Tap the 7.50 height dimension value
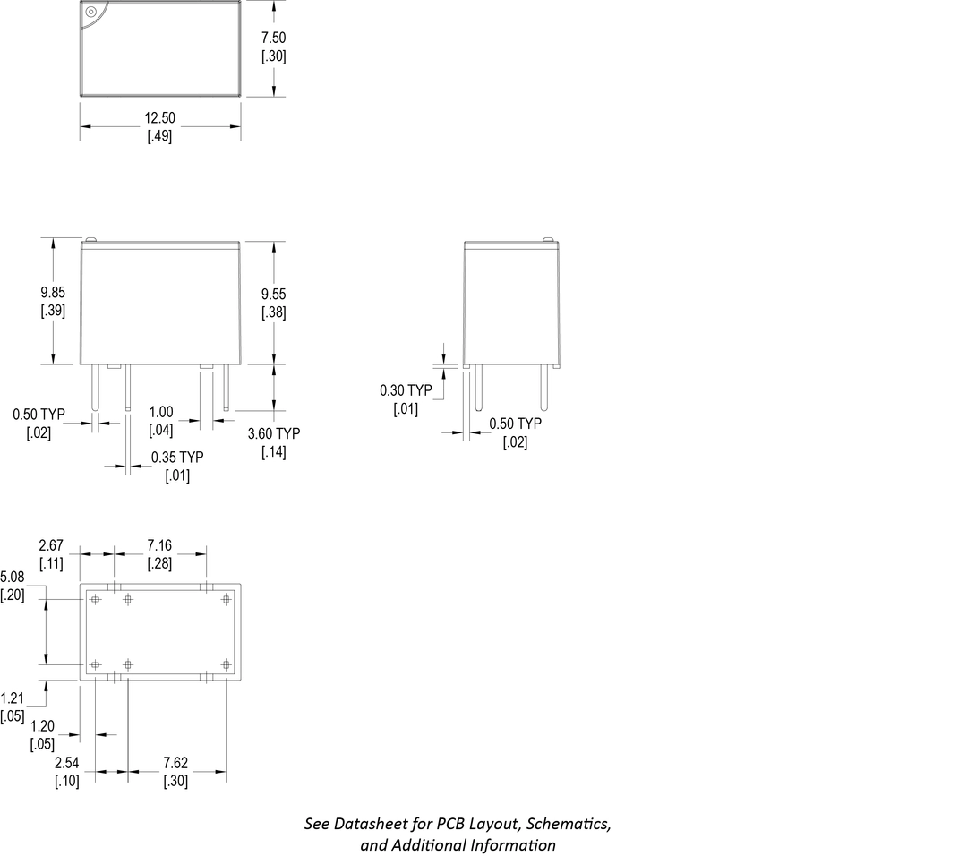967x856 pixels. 274,39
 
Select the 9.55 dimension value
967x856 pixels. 274,294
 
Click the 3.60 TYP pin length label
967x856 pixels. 274,433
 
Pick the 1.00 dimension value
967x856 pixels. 161,413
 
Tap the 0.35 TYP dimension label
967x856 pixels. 177,458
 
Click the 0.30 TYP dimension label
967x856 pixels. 406,391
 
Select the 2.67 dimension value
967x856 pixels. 50,544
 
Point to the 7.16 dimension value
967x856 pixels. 160,544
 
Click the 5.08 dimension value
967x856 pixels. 13,576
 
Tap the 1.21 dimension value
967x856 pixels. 13,698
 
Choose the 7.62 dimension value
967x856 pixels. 175,763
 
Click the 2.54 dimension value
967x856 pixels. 67,763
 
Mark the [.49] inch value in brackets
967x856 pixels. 159,137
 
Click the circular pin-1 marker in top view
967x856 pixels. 90,12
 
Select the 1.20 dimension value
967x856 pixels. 42,725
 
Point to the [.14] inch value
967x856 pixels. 274,452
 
